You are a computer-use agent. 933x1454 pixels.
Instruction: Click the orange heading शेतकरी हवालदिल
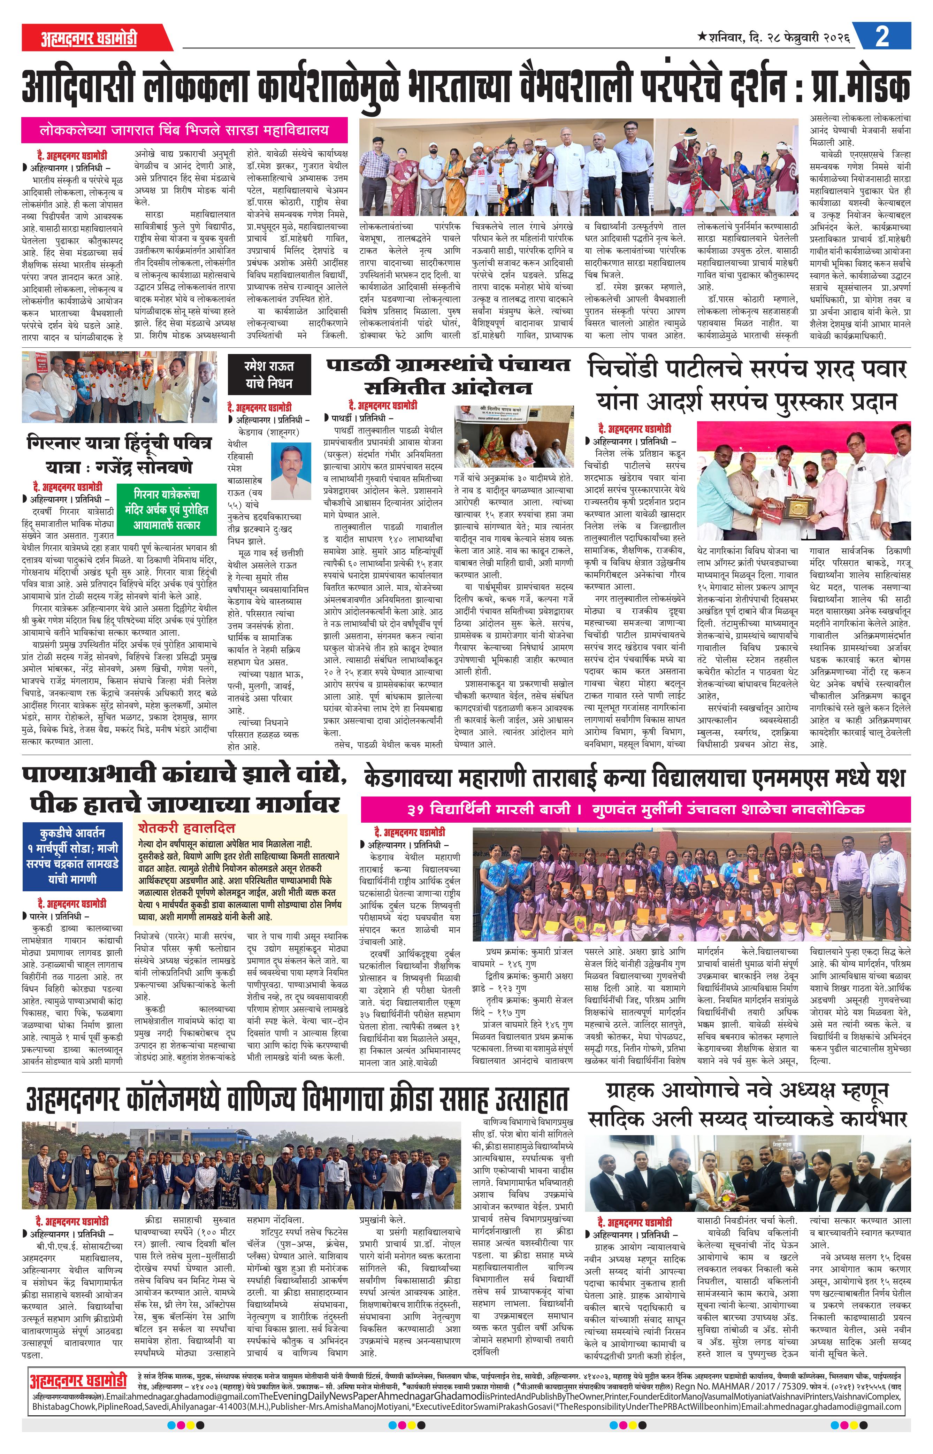pyautogui.click(x=186, y=827)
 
